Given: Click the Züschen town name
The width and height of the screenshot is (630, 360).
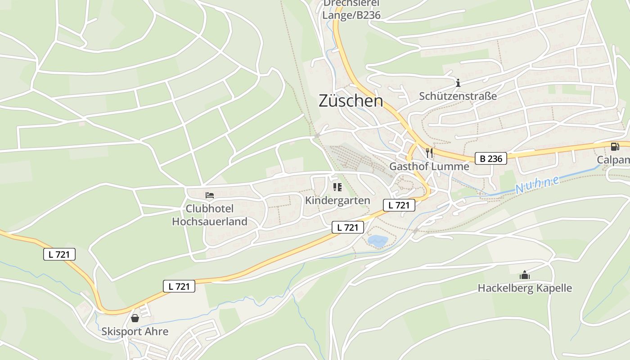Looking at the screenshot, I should [x=351, y=101].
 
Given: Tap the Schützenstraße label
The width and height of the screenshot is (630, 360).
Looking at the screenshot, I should [x=458, y=96].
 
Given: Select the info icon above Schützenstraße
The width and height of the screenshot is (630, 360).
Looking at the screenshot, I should [x=458, y=83].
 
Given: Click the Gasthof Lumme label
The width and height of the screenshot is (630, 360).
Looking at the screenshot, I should [x=429, y=166].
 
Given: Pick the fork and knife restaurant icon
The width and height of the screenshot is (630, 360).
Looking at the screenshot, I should [x=429, y=153].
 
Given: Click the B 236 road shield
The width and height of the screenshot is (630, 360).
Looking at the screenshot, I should [x=491, y=158].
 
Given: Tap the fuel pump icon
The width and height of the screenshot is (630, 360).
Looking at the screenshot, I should [x=615, y=147].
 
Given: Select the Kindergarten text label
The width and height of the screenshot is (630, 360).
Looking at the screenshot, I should [x=337, y=200].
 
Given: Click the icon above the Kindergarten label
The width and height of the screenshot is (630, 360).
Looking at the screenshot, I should [x=337, y=187].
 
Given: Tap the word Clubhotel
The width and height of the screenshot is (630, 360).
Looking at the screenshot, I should [x=210, y=209].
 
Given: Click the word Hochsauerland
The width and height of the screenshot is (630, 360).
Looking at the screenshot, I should [x=210, y=221].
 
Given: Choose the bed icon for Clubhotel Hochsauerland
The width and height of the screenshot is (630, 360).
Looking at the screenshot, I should [x=210, y=195].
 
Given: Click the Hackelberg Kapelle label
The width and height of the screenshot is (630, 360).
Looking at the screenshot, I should [x=525, y=288].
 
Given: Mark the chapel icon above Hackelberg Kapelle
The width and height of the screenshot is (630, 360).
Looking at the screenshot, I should [x=525, y=275].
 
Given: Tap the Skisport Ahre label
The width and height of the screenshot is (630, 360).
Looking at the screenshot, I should [x=135, y=332].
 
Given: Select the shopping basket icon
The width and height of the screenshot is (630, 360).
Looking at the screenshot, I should [x=135, y=318].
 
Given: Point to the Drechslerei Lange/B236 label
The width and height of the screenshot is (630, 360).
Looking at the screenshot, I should [x=351, y=10].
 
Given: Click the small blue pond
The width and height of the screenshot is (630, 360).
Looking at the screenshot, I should [x=378, y=241].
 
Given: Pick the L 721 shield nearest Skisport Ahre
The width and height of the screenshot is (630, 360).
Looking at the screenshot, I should [x=179, y=286].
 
